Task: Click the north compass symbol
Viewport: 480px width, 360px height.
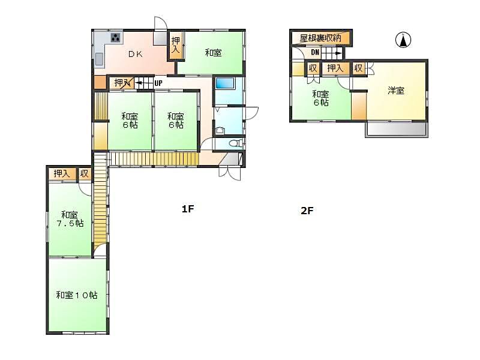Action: pos(403,40)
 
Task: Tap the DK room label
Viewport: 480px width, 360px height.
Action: pos(136,54)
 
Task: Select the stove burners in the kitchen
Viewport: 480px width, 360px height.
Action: pos(116,38)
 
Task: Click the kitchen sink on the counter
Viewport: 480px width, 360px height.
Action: pos(99,59)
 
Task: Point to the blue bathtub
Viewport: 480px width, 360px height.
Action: pos(224,83)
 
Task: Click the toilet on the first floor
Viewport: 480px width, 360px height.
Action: pos(236,143)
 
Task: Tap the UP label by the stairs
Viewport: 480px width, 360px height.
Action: pos(158,83)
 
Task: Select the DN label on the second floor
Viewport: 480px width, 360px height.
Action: pos(315,52)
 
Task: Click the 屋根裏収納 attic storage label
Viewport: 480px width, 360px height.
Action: pos(320,38)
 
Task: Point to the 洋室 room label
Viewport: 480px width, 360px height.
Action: pos(396,91)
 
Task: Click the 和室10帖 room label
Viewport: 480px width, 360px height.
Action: pos(77,295)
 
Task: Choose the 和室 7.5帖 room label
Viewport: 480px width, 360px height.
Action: pos(70,219)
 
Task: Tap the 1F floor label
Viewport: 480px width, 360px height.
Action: pos(188,209)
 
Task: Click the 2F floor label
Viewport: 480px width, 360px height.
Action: pos(307,211)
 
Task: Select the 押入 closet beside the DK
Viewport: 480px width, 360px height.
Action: pos(176,45)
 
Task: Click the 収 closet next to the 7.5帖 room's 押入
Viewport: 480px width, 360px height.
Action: pos(84,174)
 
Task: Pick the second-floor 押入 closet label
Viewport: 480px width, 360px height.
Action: pos(335,68)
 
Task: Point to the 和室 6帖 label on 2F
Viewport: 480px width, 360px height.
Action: pos(320,98)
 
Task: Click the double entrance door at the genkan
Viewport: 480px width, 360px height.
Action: pos(230,173)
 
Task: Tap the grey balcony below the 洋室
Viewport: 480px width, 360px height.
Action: pos(397,129)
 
